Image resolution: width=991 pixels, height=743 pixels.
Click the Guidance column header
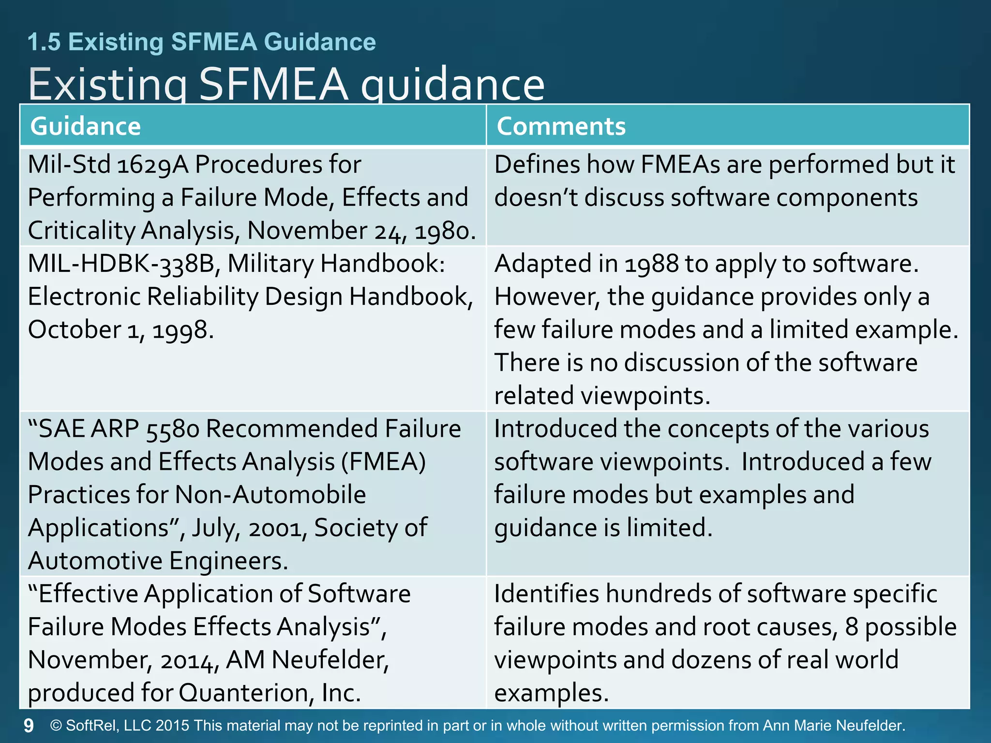[x=85, y=126]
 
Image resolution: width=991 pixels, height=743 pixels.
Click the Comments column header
[x=561, y=126]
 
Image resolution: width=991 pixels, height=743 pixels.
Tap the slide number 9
[x=29, y=726]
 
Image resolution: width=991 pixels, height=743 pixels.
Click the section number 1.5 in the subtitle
[x=44, y=42]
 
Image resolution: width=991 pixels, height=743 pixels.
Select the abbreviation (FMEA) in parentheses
[x=383, y=462]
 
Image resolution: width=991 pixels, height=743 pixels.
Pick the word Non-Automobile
[x=270, y=495]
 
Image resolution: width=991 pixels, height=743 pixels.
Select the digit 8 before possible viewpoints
[x=851, y=627]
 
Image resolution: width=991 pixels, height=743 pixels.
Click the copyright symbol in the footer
[x=56, y=726]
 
